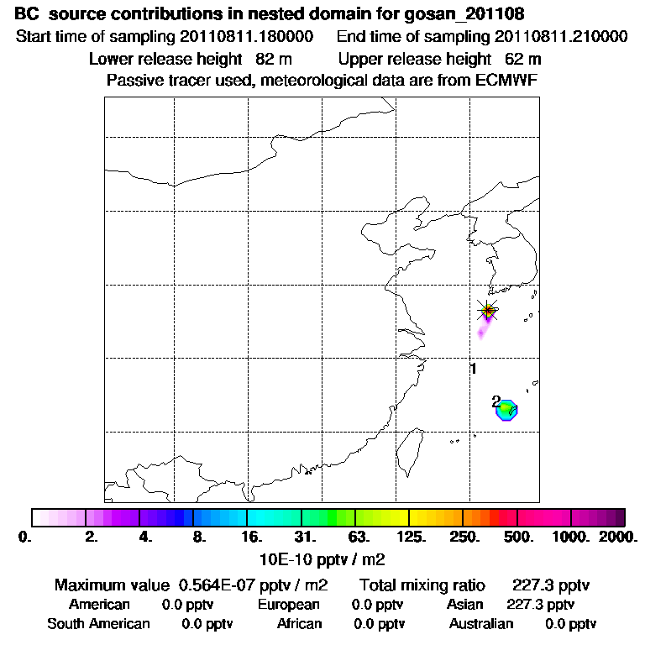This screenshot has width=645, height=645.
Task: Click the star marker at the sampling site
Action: [x=487, y=311]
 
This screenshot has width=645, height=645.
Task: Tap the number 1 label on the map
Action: [x=474, y=369]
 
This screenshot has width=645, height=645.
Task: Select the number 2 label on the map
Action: [x=496, y=401]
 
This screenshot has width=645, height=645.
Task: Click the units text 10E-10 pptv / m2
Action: [x=323, y=558]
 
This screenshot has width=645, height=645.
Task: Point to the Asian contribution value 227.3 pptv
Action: [x=541, y=604]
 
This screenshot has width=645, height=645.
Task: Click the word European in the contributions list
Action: [x=289, y=604]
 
